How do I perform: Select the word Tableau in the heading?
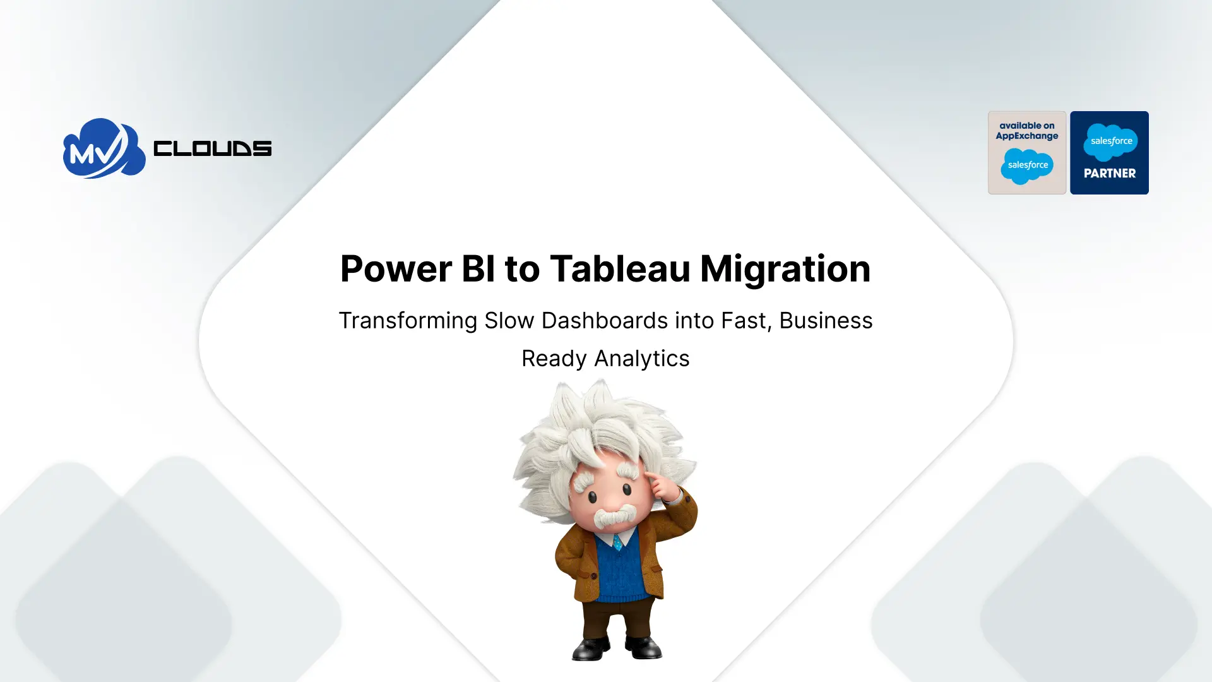coord(620,269)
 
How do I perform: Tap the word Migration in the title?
coord(785,269)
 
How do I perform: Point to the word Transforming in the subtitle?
coord(408,321)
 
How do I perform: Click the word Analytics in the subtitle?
coord(642,359)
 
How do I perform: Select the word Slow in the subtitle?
coord(509,321)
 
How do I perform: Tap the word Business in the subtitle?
coord(826,321)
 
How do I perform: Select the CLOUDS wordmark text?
coord(212,149)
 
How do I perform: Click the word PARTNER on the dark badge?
coord(1109,174)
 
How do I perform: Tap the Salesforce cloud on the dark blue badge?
coord(1110,141)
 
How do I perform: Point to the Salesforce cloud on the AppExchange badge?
coord(1027,165)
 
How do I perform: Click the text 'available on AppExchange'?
coord(1027,131)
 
